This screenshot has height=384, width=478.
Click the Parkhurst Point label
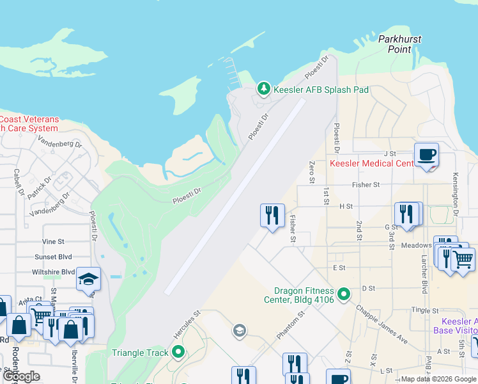[x=399, y=44]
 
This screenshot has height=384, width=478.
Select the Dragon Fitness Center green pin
[x=344, y=294]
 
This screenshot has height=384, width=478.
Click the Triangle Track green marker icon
[x=178, y=352]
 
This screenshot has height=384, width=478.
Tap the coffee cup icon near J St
[x=426, y=155]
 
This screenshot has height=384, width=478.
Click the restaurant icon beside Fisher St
[x=272, y=215]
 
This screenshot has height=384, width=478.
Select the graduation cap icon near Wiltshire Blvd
[x=88, y=279]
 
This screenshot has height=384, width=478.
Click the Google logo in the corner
[x=21, y=376]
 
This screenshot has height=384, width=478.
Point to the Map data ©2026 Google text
[x=438, y=379]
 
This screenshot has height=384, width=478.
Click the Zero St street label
[x=312, y=172]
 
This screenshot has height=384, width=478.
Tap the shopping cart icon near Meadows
[x=463, y=259]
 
